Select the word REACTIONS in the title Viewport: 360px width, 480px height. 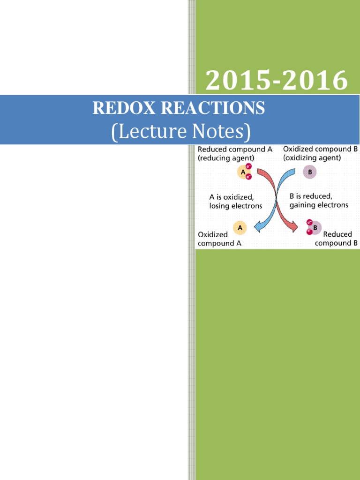pyautogui.click(x=213, y=108)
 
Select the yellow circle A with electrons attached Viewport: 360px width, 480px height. pyautogui.click(x=243, y=172)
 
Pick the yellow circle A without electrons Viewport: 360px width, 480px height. pyautogui.click(x=240, y=227)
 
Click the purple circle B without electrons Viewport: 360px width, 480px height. pyautogui.click(x=309, y=172)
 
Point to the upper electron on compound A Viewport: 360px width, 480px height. pyautogui.click(x=248, y=166)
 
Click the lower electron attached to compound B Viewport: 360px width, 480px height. pyautogui.click(x=309, y=232)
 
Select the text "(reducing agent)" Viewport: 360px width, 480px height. pyautogui.click(x=226, y=158)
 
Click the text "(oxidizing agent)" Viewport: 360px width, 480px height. pyautogui.click(x=312, y=158)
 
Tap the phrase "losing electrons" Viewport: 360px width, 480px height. pyautogui.click(x=236, y=205)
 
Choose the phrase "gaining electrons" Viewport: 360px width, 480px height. pyautogui.click(x=319, y=205)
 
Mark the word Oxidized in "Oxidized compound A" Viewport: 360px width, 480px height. pyautogui.click(x=213, y=234)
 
